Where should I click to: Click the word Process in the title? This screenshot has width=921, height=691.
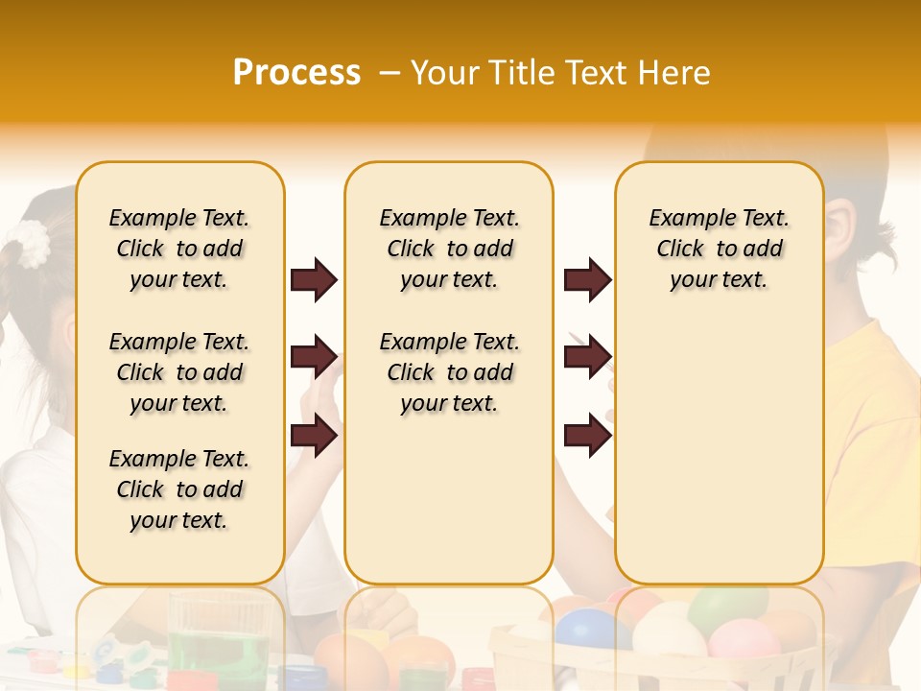click(296, 73)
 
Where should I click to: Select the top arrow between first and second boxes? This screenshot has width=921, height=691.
click(314, 280)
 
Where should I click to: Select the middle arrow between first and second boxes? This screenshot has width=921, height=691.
click(314, 358)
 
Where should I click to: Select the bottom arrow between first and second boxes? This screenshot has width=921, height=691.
click(314, 436)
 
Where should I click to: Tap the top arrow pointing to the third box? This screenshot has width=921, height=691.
click(587, 280)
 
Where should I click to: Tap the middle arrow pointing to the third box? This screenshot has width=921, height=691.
click(587, 358)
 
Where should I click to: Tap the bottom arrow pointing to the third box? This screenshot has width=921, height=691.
click(587, 436)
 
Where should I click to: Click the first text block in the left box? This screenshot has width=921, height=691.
click(179, 249)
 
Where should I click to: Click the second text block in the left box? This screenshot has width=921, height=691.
click(179, 372)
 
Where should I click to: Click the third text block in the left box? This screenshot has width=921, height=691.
click(179, 489)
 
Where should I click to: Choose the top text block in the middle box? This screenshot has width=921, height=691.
click(449, 249)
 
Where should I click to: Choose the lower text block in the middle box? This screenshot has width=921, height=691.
click(449, 372)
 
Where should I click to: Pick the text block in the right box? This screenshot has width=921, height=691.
click(719, 249)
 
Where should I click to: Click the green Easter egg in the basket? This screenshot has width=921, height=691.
click(727, 608)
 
